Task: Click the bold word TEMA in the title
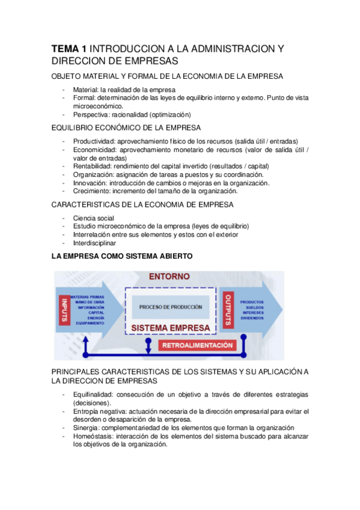(65, 49)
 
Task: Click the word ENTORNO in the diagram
(168, 277)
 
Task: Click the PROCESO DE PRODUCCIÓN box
(170, 307)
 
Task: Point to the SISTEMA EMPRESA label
(170, 328)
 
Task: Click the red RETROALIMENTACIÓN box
(196, 345)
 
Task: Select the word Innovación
(90, 183)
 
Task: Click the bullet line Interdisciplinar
(95, 243)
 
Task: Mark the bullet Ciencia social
(93, 218)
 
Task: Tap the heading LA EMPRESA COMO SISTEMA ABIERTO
(123, 256)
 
